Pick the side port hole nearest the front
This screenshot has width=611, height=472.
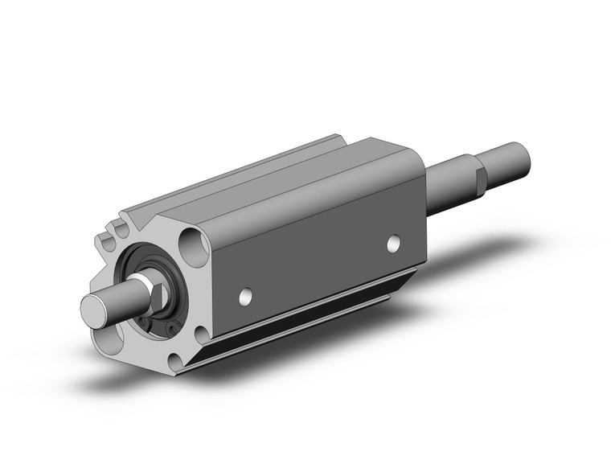tap(244, 298)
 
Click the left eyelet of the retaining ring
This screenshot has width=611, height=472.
tap(145, 322)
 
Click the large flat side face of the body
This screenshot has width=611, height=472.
tap(322, 257)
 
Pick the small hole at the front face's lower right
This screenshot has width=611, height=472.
tap(201, 333)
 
